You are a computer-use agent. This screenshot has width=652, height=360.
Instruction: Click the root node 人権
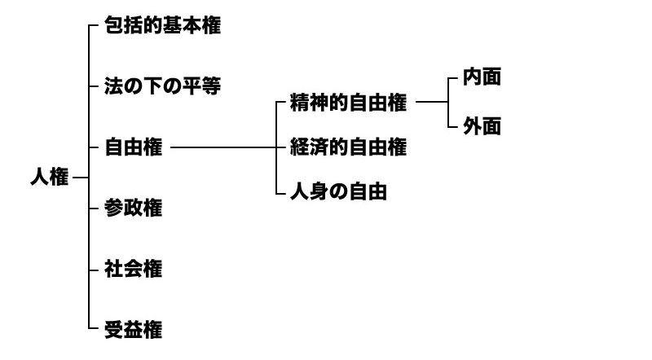49,178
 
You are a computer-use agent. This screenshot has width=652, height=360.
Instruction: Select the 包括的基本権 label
163,26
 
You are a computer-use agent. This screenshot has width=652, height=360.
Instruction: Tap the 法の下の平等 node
163,86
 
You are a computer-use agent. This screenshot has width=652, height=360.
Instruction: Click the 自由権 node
134,147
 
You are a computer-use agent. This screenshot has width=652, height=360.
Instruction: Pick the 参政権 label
134,208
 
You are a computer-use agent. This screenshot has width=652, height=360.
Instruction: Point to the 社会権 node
134,269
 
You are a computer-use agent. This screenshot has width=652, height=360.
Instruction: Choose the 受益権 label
134,329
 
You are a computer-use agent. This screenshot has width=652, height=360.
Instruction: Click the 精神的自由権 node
347,103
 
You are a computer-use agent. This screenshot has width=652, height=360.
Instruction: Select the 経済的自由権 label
347,147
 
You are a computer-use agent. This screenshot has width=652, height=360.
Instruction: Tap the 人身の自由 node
337,192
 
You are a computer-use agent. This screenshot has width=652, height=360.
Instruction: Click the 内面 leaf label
482,78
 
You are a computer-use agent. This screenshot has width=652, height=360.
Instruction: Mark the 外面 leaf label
482,127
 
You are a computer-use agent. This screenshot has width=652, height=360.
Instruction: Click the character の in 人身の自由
337,192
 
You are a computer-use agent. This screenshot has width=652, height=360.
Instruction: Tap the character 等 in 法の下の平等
211,86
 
